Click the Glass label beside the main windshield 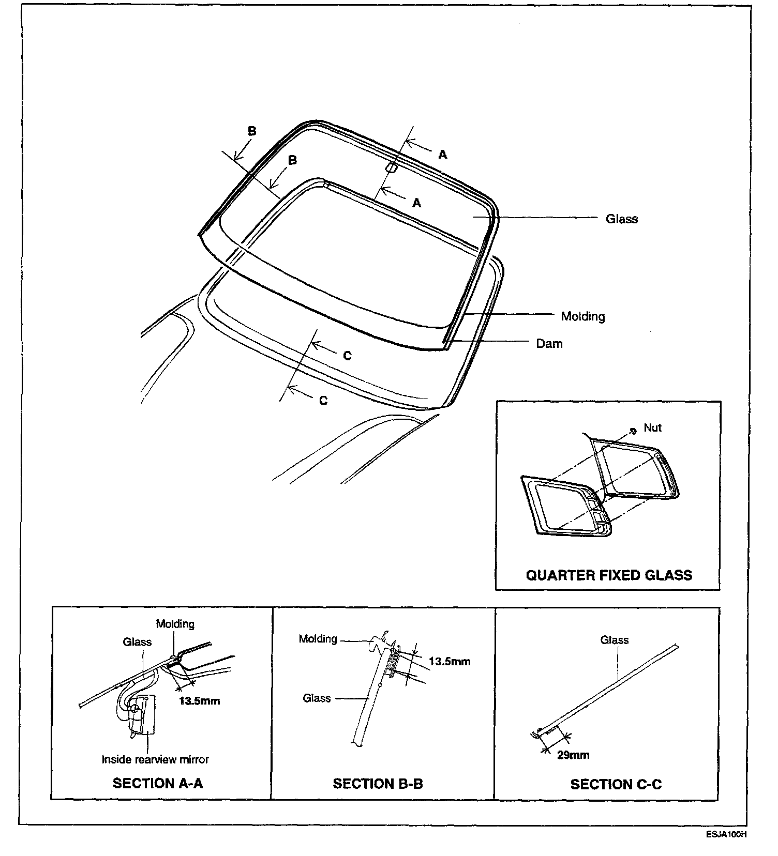[621, 219]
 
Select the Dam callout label [549, 344]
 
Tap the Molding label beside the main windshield [582, 316]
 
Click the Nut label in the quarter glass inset [652, 428]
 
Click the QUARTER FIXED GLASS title [608, 575]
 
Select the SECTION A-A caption [158, 784]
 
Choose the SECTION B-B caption [378, 784]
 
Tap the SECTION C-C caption [616, 784]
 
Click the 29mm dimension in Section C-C [573, 755]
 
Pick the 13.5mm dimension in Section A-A [199, 701]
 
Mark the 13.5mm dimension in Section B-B [450, 662]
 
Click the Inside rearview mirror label [155, 759]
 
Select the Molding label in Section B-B [318, 639]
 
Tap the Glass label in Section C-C [614, 640]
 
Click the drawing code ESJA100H [727, 834]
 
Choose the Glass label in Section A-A [137, 642]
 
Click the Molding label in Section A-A [175, 624]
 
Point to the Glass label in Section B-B [317, 698]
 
